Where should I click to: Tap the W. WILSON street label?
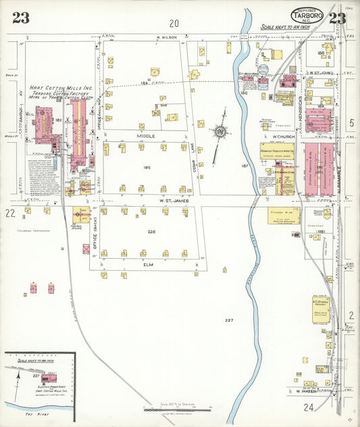pos(166,38)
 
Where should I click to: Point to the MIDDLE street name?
pos(146,136)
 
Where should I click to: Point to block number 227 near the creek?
pos(229,320)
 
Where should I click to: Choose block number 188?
pos(321,53)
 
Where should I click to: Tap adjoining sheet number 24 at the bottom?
pos(309,407)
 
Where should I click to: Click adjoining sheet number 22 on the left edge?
pos(10,214)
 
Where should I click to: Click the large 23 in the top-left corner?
pos(20,18)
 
